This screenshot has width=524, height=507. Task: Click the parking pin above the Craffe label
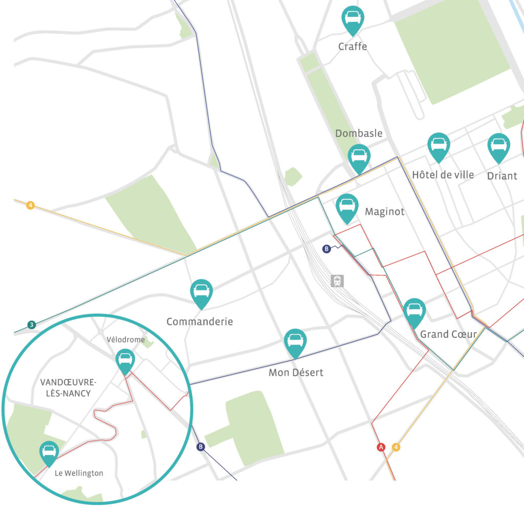[353, 18]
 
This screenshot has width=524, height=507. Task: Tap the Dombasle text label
[359, 133]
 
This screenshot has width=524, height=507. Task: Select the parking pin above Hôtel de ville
[439, 145]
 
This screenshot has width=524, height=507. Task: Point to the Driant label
[501, 176]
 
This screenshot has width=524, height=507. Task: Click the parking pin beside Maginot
[347, 206]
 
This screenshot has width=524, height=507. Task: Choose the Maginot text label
[384, 211]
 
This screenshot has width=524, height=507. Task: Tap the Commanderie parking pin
[202, 292]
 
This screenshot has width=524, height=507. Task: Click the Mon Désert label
[296, 373]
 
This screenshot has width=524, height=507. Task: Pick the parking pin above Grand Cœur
[414, 311]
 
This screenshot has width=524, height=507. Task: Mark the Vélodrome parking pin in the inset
[125, 360]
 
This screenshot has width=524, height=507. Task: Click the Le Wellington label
[79, 473]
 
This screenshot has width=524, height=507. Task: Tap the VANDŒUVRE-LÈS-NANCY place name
[65, 387]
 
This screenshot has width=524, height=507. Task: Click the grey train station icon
[337, 281]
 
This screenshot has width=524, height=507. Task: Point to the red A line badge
[381, 447]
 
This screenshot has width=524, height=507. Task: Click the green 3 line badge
[32, 325]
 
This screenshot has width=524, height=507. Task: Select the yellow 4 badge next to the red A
[396, 447]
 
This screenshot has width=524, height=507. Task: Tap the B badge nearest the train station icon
[326, 249]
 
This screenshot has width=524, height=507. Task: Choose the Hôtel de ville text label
[443, 175]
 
